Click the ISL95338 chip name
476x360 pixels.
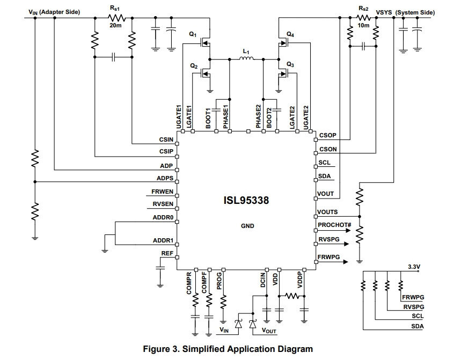coord(246,200)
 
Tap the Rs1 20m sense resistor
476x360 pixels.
coord(117,18)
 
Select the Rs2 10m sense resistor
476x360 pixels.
coord(363,18)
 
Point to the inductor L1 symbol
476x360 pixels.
coord(246,58)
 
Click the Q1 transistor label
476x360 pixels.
coord(193,34)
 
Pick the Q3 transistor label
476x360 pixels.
coord(290,64)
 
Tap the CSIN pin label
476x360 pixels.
coord(166,139)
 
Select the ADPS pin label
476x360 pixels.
coord(165,178)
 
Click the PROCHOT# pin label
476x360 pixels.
coord(334,225)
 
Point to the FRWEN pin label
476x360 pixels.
coord(163,192)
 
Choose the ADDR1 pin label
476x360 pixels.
coord(163,240)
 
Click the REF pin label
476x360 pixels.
coord(167,253)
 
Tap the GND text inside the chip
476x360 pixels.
coord(247,226)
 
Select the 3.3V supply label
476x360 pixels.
coord(414,267)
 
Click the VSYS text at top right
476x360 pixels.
coord(384,12)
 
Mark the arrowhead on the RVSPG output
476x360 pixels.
coord(346,244)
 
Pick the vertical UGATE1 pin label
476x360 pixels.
coord(179,117)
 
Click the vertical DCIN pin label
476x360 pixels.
coord(263,280)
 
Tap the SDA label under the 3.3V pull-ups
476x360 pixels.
coord(418,326)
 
